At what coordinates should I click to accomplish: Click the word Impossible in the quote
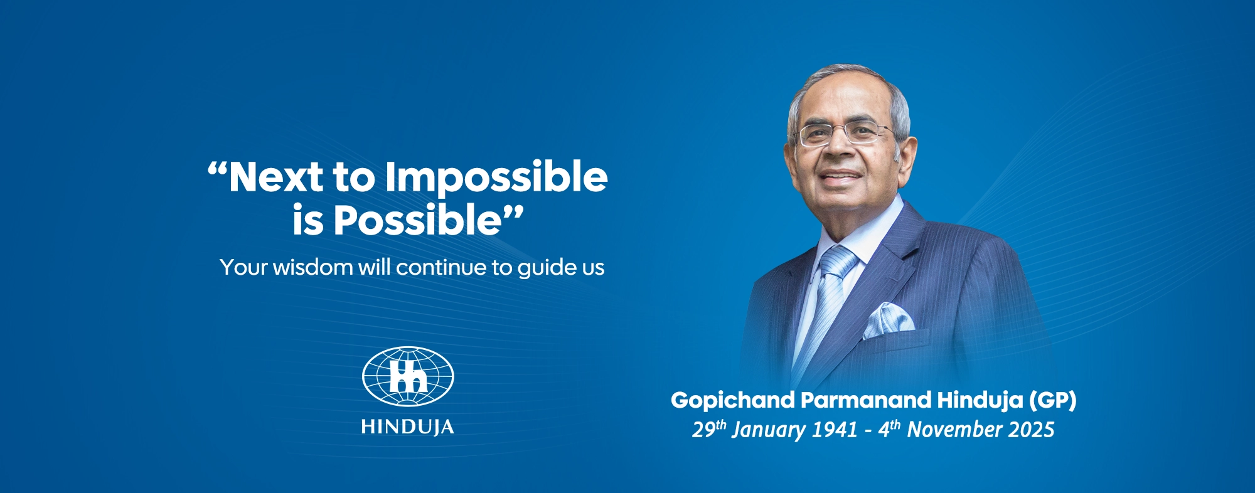[x=496, y=178]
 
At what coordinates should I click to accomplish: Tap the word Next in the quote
[x=276, y=177]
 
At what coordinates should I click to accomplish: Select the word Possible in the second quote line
[x=417, y=221]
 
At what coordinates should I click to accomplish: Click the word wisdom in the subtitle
[x=312, y=268]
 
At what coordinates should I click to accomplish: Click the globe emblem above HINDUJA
[x=408, y=376]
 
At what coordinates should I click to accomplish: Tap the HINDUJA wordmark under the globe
[x=408, y=428]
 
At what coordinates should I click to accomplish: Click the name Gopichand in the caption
[x=732, y=401]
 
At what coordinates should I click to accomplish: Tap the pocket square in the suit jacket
[x=887, y=319]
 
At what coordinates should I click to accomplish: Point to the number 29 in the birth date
[x=703, y=431]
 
